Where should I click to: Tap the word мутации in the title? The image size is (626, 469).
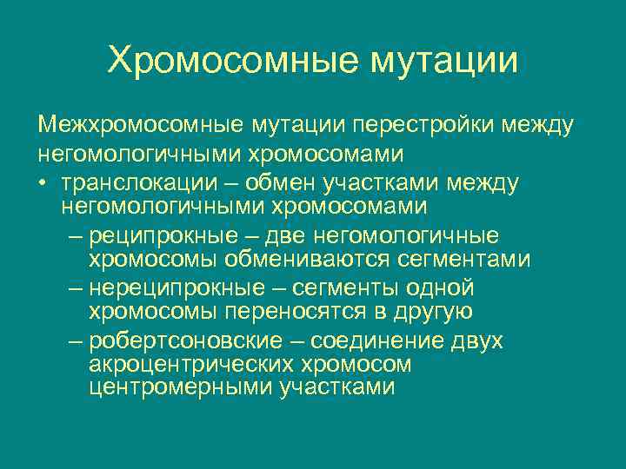click(x=444, y=61)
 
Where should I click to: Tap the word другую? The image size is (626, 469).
click(x=436, y=312)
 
